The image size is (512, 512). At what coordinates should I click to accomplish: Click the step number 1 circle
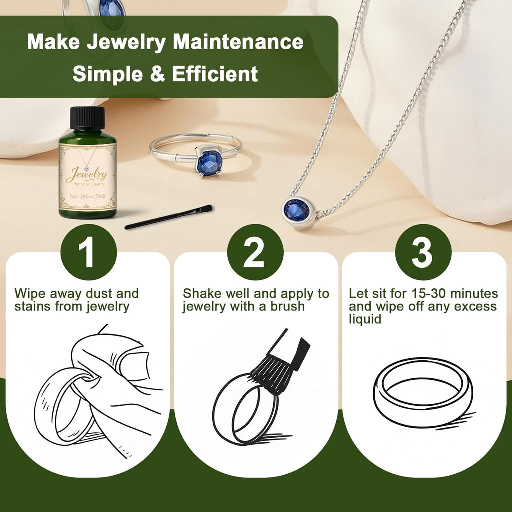(88, 252)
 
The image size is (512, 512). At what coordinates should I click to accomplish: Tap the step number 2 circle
(255, 252)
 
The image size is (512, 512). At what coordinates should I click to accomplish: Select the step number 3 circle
(423, 252)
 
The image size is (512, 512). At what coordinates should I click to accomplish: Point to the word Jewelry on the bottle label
(87, 174)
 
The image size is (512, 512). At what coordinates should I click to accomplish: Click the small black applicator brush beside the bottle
(168, 217)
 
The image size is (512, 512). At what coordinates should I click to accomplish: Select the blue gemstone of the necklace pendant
(297, 210)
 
